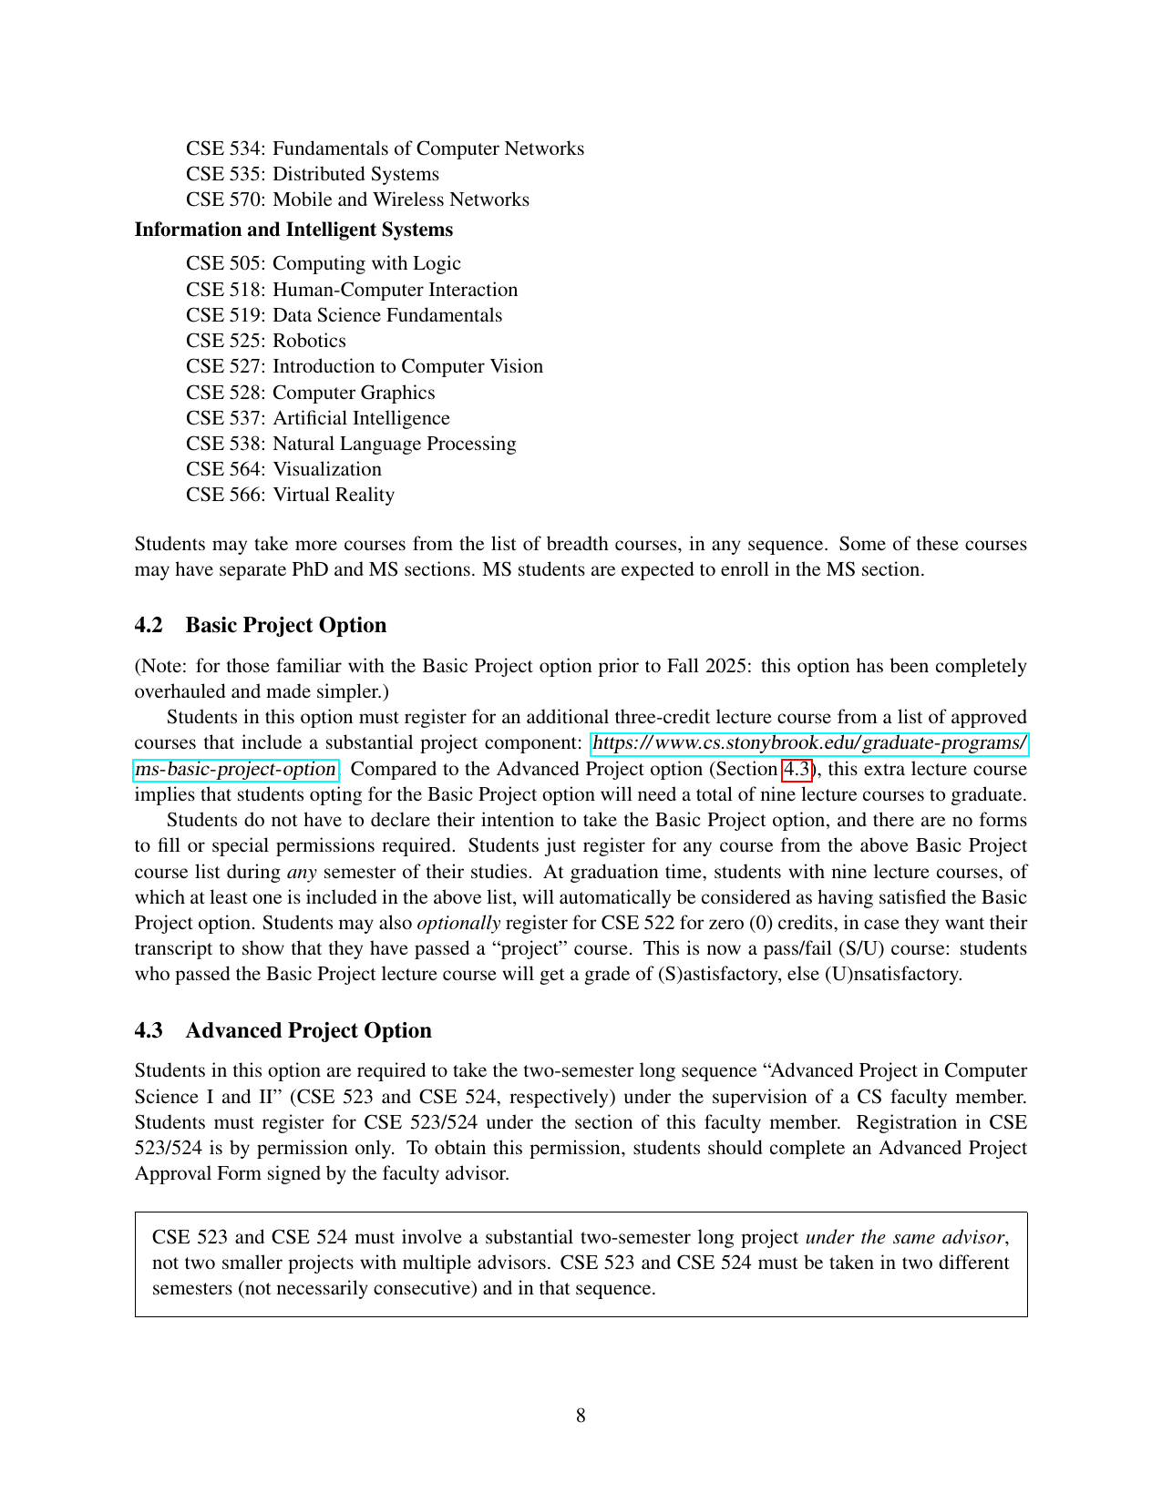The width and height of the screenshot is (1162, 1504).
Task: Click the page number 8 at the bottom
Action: click(x=581, y=1416)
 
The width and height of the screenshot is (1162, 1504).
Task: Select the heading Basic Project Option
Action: click(x=285, y=625)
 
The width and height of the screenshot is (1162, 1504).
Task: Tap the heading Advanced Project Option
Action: click(x=308, y=1030)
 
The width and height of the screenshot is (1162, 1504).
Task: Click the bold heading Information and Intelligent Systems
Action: click(x=293, y=230)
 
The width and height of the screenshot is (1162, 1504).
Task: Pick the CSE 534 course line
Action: click(x=385, y=148)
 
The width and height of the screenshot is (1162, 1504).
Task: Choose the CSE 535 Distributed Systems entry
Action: click(x=313, y=174)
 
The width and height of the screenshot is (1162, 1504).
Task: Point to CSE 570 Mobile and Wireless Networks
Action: click(x=357, y=200)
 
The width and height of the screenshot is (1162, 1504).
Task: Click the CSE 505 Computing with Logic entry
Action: click(x=324, y=263)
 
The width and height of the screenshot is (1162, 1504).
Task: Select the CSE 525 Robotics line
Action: click(x=266, y=341)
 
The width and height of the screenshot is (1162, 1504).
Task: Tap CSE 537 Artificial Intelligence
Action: click(x=318, y=418)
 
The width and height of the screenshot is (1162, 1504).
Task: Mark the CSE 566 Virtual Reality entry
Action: click(x=290, y=495)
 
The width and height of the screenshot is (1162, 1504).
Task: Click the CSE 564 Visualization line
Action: click(x=283, y=469)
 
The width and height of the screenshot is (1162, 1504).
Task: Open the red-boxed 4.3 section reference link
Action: click(x=797, y=769)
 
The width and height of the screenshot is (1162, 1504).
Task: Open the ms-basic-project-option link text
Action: click(x=235, y=769)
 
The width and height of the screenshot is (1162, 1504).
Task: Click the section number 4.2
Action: click(x=149, y=625)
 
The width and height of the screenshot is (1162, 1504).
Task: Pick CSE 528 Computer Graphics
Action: click(x=310, y=393)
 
